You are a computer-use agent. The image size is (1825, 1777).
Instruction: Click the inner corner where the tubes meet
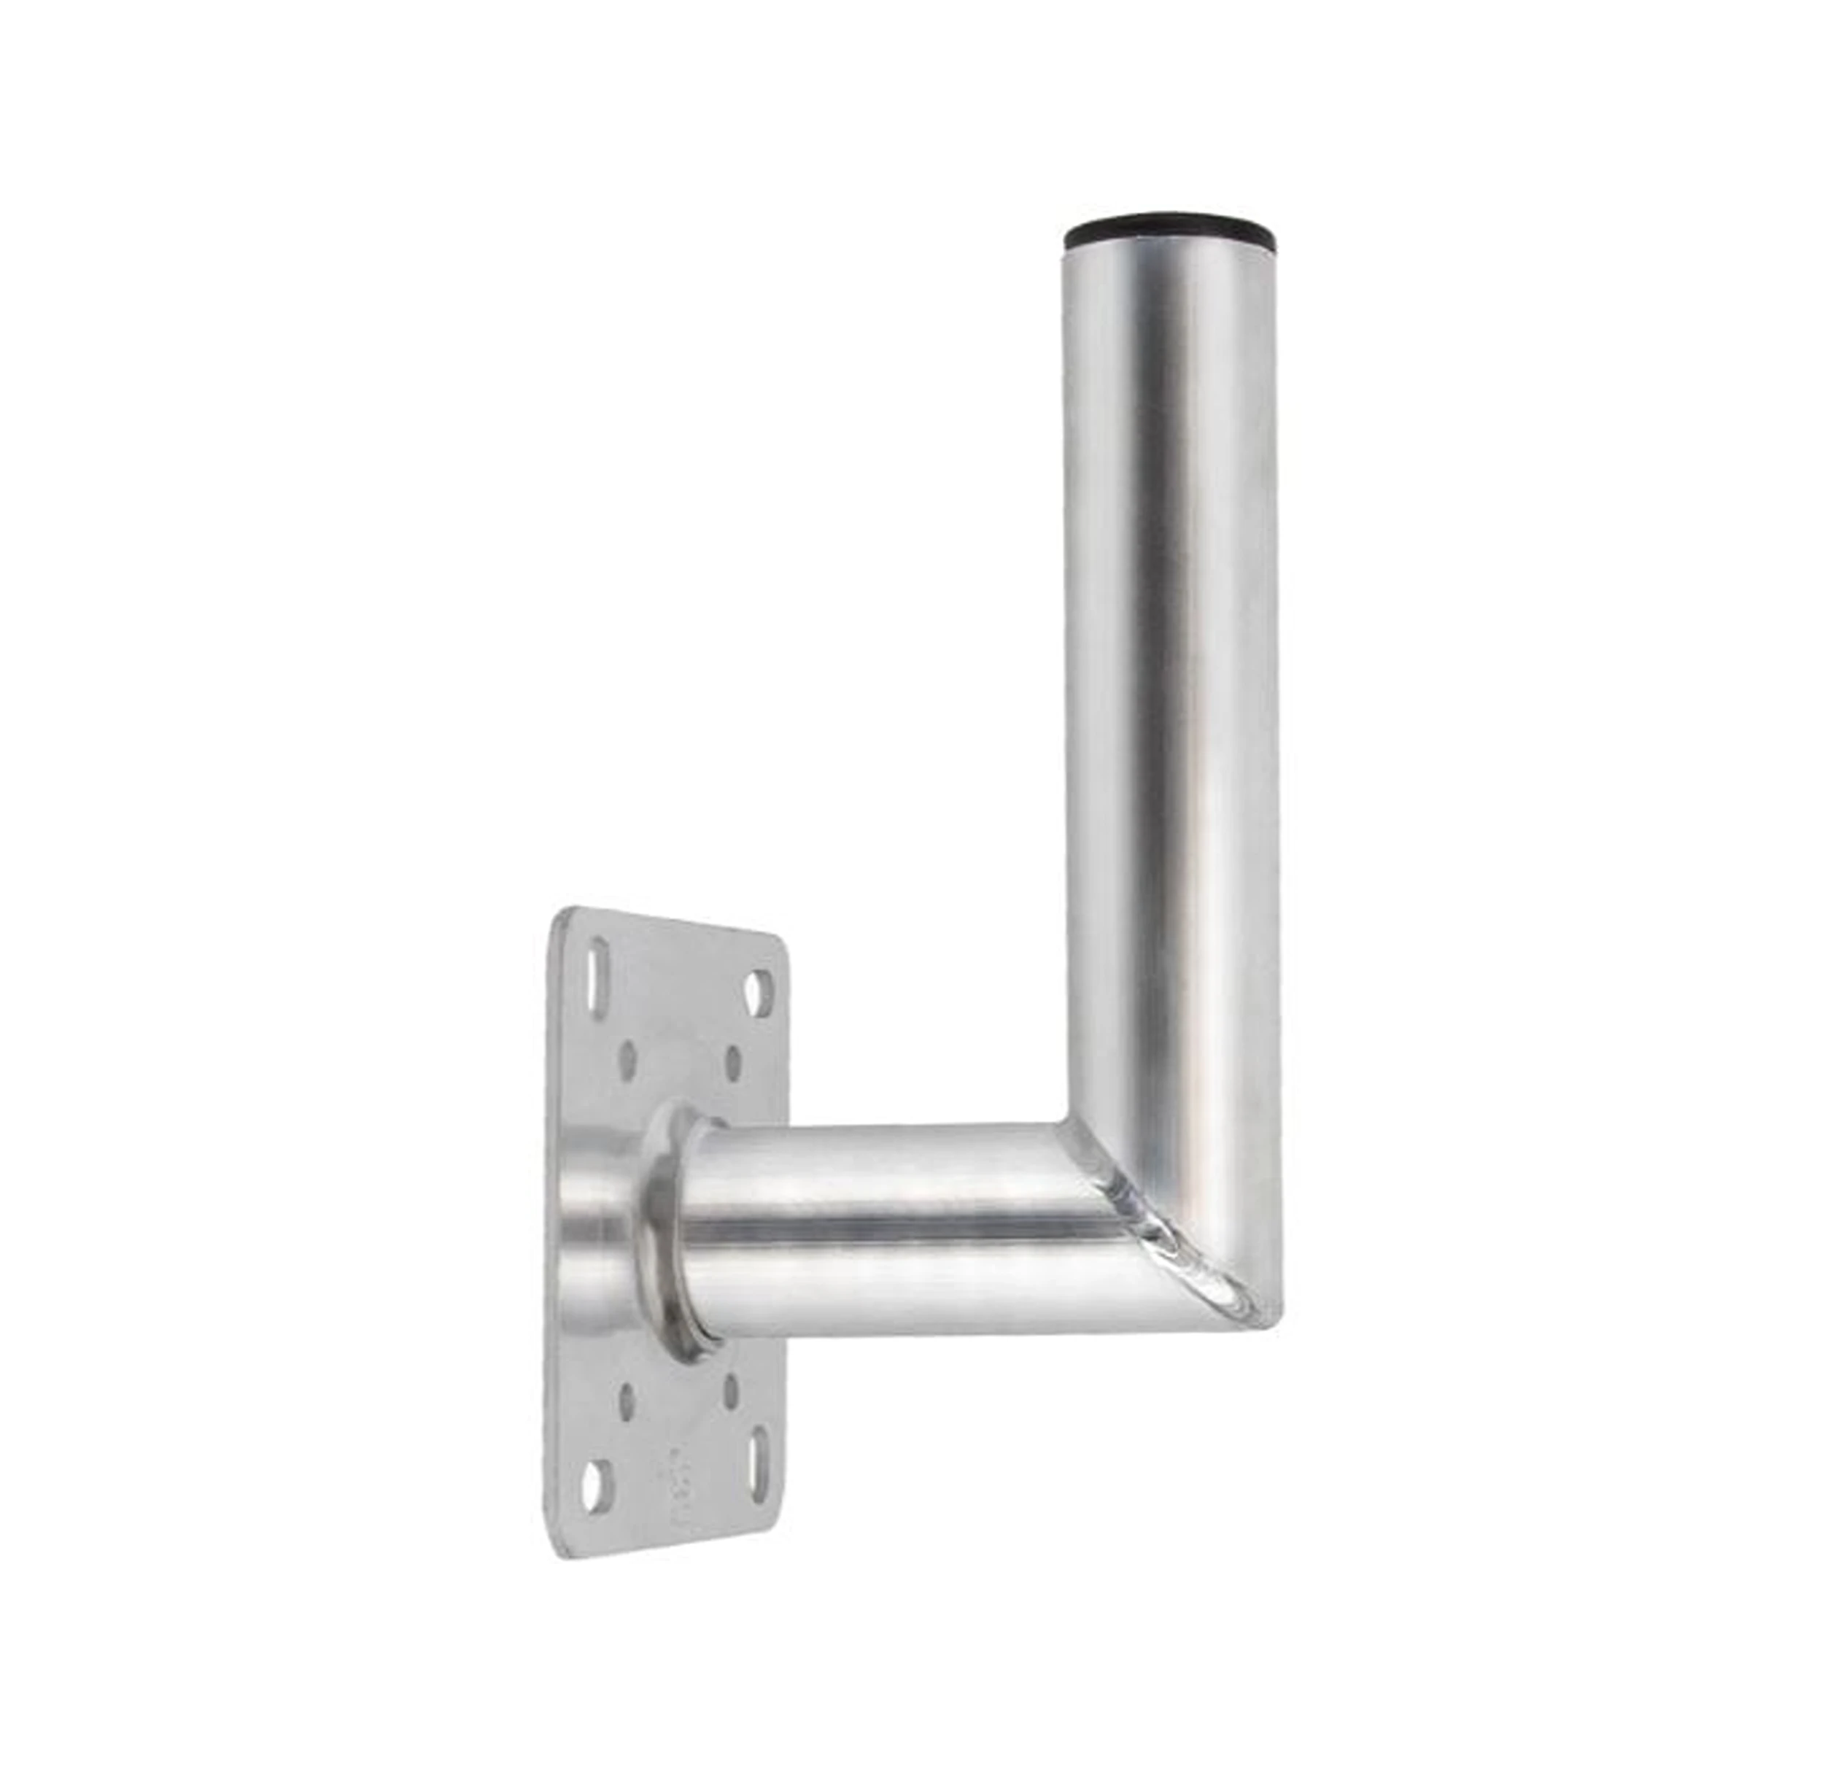pos(1063,1123)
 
